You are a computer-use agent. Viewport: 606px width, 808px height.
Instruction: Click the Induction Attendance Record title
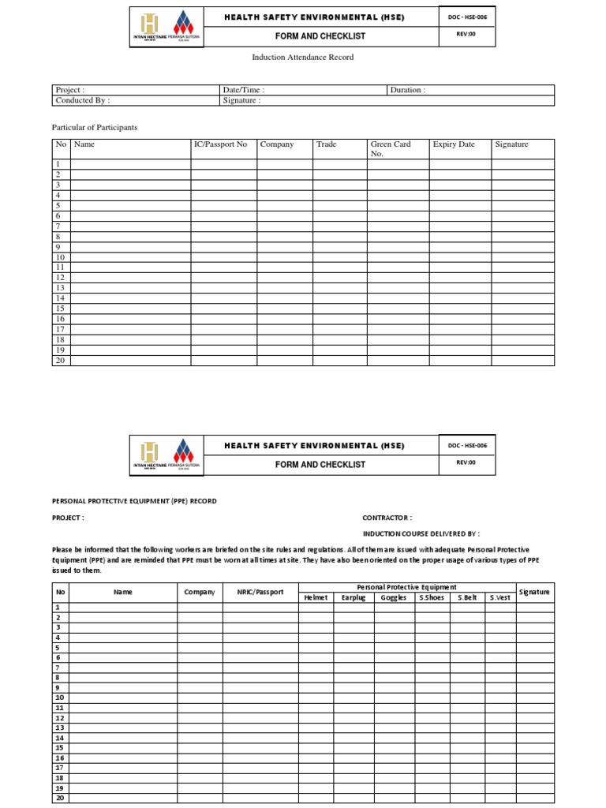point(302,58)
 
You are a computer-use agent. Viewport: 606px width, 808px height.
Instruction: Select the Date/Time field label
point(243,90)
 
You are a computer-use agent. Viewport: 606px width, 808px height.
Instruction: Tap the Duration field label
point(407,90)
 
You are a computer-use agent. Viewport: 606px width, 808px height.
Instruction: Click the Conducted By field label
point(82,100)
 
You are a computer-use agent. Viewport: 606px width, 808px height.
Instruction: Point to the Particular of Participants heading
point(94,127)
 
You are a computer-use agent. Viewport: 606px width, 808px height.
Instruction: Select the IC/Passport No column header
point(220,144)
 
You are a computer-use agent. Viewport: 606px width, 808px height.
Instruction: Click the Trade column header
point(326,144)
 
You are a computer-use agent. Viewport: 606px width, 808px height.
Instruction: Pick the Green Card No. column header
point(391,148)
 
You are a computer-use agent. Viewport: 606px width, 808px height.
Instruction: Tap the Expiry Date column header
point(454,144)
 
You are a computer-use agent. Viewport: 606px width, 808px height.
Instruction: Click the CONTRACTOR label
point(387,518)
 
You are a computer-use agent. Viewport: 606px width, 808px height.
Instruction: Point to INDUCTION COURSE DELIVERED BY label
point(421,533)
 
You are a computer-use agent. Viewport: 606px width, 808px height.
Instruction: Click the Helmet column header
point(316,597)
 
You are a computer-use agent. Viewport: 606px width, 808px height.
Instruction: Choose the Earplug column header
point(353,597)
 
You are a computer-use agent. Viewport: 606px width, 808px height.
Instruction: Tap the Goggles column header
point(394,597)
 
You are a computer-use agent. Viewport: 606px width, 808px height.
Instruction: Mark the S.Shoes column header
point(432,597)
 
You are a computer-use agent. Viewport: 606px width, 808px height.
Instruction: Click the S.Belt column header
point(467,597)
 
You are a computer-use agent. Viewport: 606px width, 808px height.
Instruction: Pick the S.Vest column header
point(500,597)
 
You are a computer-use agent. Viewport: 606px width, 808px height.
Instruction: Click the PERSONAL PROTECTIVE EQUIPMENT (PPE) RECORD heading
point(133,501)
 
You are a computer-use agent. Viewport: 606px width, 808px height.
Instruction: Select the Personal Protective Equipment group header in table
point(406,587)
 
